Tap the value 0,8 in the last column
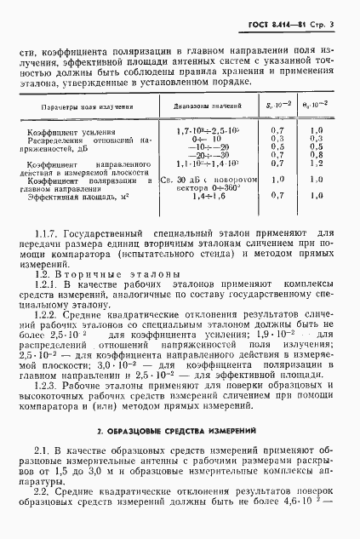coord(316,154)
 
